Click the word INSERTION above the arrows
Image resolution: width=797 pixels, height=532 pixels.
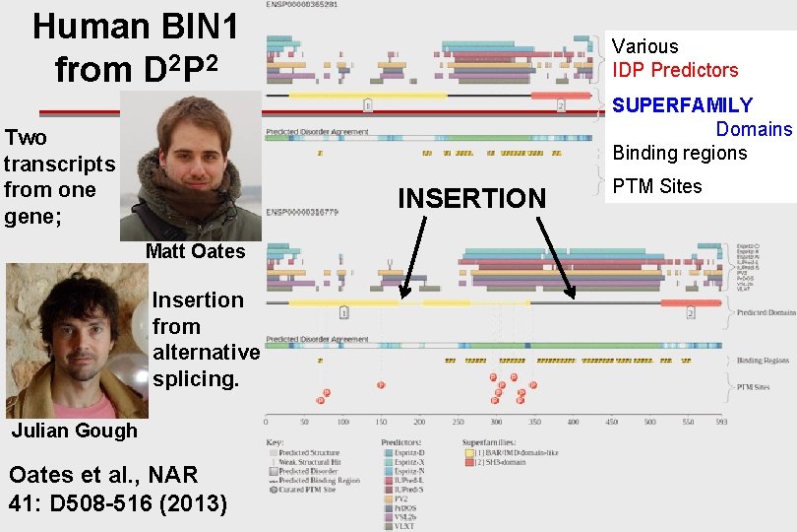(470, 198)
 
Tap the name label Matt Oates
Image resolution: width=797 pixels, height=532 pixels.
(195, 251)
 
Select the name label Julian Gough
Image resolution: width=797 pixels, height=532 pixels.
(75, 431)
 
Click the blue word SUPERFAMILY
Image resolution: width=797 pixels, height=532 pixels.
(682, 105)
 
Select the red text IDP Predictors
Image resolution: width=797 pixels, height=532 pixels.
(674, 70)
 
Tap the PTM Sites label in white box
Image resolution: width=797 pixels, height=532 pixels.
(657, 186)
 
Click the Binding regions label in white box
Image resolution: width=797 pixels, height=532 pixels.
(680, 153)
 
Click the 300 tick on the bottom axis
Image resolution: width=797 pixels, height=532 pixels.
(496, 422)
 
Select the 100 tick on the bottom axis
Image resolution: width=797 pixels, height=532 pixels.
(342, 422)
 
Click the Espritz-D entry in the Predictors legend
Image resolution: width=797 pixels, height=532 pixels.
(407, 451)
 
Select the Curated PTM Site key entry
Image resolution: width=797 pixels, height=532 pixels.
(308, 490)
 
